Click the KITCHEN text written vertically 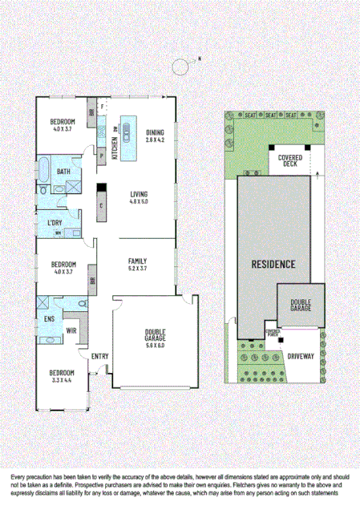(x=115, y=148)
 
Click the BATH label (x=63, y=172)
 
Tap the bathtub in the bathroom (x=45, y=171)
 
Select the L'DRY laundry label (x=55, y=222)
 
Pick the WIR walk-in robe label (x=70, y=330)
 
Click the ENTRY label (x=99, y=356)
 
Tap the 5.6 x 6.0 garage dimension (x=155, y=346)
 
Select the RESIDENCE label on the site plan (x=273, y=264)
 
